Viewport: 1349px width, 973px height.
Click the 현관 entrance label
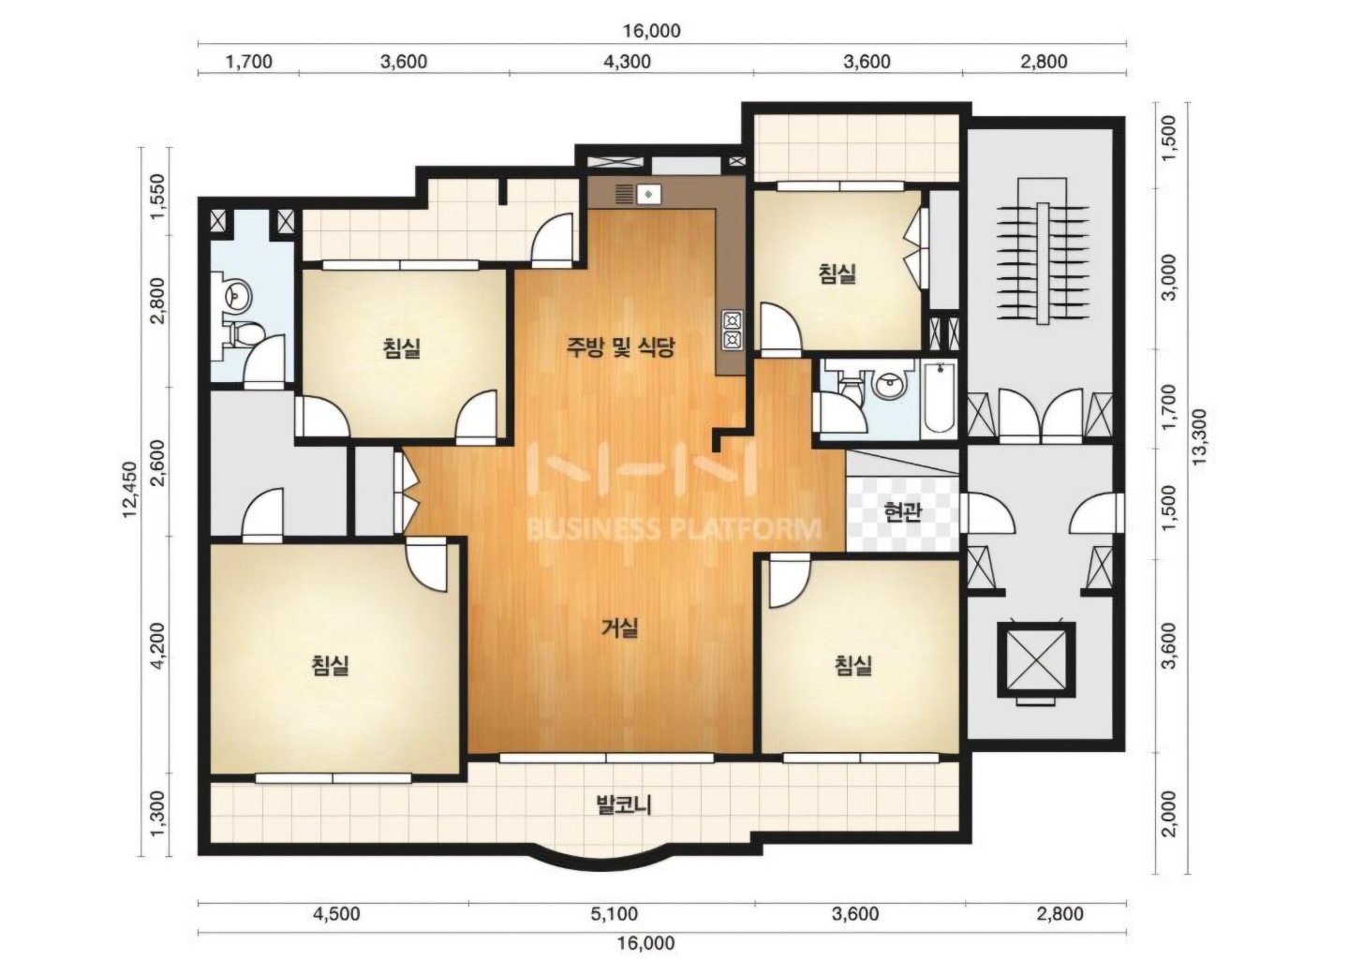903,513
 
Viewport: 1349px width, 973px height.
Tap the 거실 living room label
620,628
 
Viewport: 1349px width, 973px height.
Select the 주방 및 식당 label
620,346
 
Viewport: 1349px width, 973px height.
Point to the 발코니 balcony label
624,804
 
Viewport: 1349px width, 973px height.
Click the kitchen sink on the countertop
647,194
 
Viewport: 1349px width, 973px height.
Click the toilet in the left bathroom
244,333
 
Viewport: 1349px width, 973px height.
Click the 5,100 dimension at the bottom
615,914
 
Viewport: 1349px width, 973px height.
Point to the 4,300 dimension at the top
628,62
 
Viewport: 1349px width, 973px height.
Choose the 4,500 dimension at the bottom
336,914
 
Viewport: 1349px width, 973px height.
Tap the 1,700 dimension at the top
249,62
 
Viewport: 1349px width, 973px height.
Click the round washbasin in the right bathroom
889,387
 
